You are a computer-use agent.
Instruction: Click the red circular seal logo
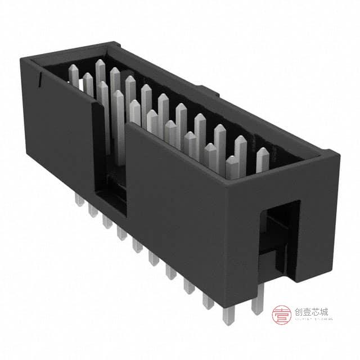pyautogui.click(x=281, y=315)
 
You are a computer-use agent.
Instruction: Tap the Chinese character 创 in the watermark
pyautogui.click(x=299, y=312)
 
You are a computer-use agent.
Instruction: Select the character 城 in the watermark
pyautogui.click(x=323, y=312)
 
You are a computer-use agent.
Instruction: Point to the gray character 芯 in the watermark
pyautogui.click(x=315, y=312)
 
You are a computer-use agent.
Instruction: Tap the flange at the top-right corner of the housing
pyautogui.click(x=330, y=152)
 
